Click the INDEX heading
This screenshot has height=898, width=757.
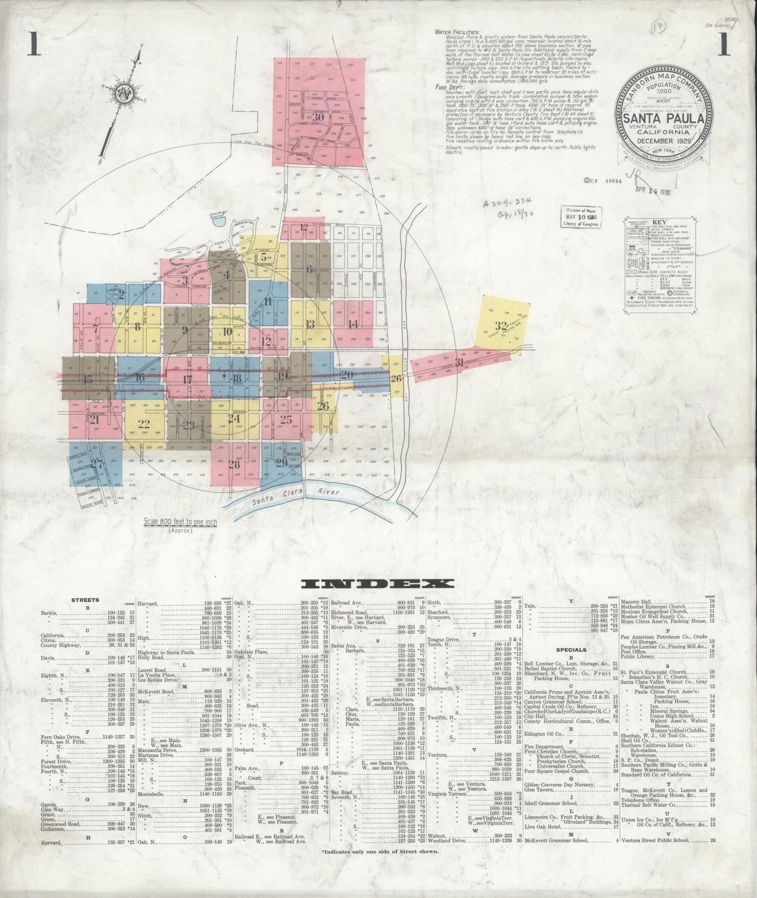[x=378, y=584]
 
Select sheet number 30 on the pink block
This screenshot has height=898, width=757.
[x=317, y=117]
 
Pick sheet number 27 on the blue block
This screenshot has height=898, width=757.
[x=96, y=463]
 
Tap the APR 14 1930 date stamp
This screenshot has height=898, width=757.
[x=651, y=192]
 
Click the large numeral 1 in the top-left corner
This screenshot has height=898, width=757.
[x=34, y=45]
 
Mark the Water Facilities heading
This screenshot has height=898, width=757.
[x=457, y=32]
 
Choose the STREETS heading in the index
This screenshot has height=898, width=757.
[x=85, y=599]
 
